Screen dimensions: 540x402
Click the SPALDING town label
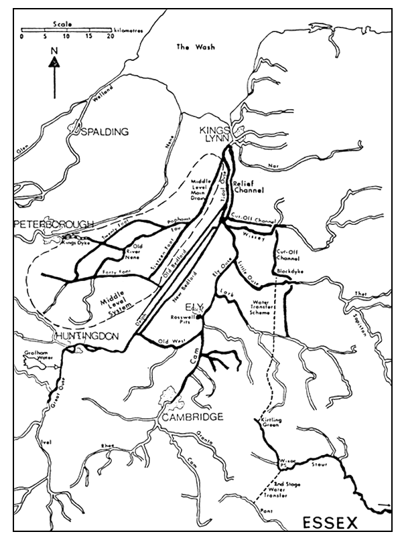point(105,132)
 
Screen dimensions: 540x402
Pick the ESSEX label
point(331,521)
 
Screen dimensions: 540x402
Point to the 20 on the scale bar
point(109,37)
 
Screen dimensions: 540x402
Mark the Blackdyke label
point(290,272)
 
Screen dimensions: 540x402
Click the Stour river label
point(319,463)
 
